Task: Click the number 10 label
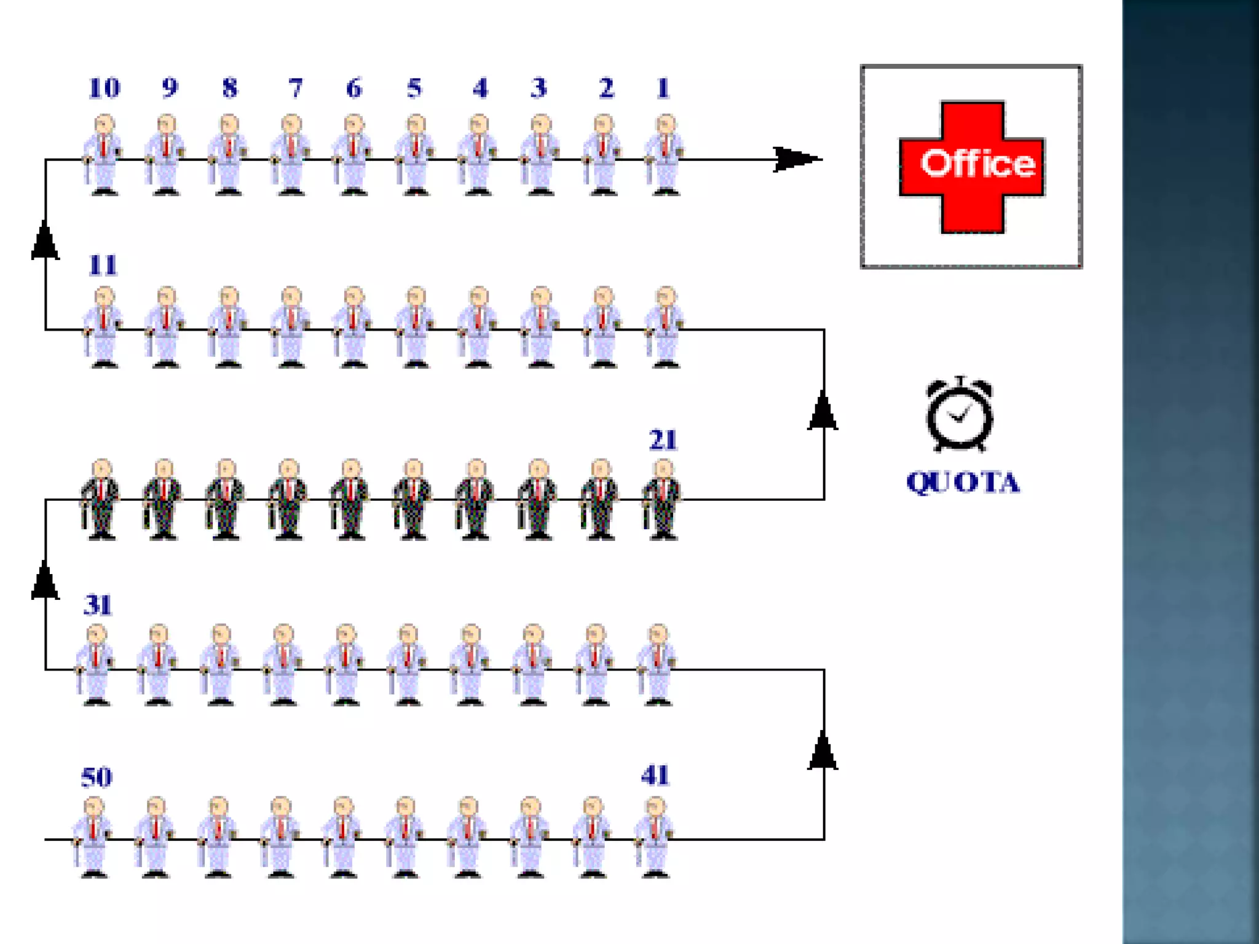(x=104, y=88)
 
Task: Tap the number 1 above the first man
(x=663, y=88)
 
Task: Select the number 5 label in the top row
(x=414, y=88)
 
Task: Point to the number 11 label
(x=103, y=265)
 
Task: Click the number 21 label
(x=663, y=440)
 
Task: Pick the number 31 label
(x=98, y=605)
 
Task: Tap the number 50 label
(x=97, y=777)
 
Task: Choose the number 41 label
(x=655, y=776)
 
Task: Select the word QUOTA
(x=963, y=482)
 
